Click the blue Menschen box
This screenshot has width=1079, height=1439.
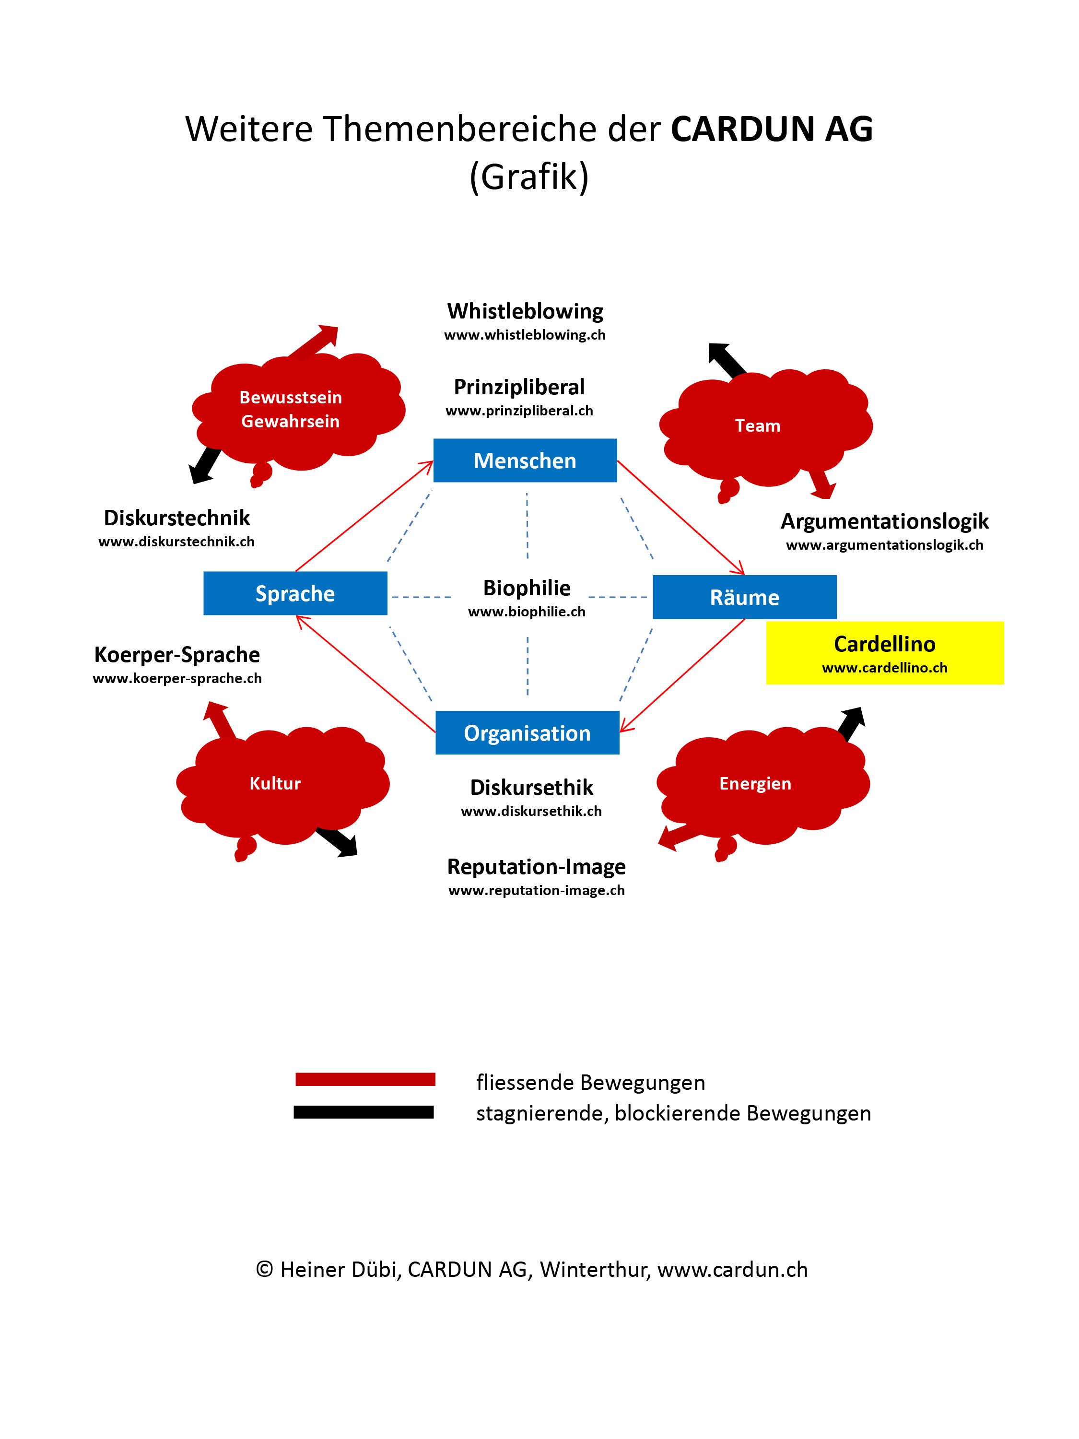pos(525,460)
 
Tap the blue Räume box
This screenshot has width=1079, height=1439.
pos(744,597)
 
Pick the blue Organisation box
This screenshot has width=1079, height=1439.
pos(527,732)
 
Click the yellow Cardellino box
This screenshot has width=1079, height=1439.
pos(884,652)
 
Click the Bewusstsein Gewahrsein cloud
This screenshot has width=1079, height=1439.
pos(296,410)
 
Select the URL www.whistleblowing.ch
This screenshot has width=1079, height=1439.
pos(524,335)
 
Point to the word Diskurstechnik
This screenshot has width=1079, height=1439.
pos(176,518)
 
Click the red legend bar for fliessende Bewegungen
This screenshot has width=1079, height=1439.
pos(365,1079)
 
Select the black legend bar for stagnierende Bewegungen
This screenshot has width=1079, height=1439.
pos(363,1112)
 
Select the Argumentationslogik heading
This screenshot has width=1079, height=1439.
pos(884,521)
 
